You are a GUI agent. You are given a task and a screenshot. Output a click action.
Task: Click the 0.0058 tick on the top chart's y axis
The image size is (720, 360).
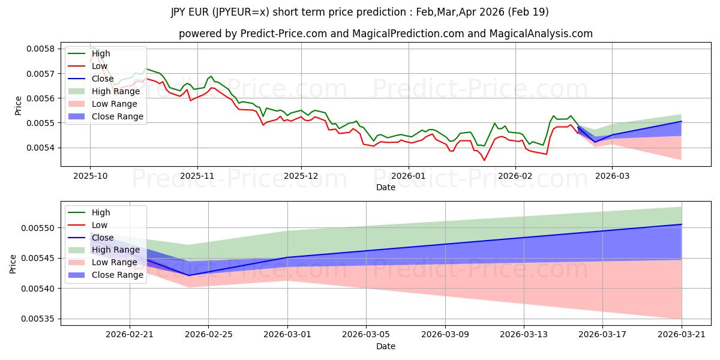point(41,49)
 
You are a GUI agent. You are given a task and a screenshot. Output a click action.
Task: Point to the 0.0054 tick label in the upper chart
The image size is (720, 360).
point(41,148)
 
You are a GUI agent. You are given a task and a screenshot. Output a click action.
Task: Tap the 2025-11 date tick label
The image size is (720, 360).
point(197,176)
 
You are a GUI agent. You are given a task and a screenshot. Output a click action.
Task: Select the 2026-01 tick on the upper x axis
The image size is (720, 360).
point(408,176)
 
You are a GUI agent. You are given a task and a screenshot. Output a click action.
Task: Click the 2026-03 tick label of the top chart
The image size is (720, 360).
point(613,176)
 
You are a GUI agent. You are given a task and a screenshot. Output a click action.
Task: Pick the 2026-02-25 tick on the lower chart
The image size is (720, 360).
point(209,335)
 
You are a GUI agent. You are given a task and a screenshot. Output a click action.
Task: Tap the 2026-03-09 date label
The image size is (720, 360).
point(445,335)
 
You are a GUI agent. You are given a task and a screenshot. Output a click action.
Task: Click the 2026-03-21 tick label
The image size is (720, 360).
point(682,335)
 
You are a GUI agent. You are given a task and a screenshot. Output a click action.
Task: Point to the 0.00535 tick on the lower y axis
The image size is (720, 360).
point(38,319)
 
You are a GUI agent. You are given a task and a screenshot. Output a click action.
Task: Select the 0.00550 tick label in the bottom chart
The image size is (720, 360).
point(38,228)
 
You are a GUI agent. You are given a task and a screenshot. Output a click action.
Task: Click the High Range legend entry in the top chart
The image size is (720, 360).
point(104,91)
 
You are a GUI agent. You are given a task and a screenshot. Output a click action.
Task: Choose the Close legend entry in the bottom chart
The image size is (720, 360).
point(91,238)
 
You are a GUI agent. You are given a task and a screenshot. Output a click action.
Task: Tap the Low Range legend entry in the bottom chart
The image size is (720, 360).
point(103,262)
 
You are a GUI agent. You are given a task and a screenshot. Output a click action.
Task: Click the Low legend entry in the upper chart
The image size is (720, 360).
point(88,66)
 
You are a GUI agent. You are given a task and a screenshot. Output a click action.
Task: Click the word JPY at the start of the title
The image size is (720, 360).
point(179,12)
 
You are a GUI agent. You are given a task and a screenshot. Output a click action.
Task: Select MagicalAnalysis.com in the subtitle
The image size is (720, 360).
point(541,34)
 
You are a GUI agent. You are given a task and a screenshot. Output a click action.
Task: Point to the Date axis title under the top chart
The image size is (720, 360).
point(386,187)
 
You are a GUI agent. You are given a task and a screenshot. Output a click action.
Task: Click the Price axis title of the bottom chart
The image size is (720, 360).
point(13,264)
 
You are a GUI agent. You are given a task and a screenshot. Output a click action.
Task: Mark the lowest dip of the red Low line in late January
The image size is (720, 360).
point(484,160)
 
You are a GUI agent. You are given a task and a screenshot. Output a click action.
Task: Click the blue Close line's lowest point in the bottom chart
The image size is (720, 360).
point(188,275)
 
